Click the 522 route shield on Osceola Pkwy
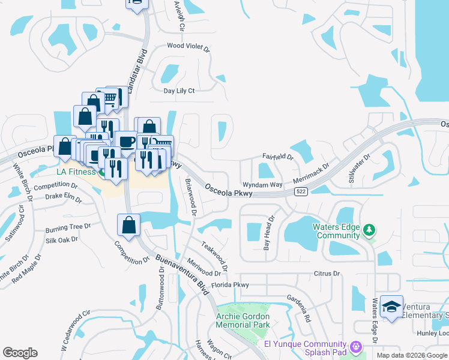pyautogui.click(x=301, y=191)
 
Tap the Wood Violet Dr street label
pyautogui.click(x=188, y=46)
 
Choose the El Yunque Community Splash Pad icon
pyautogui.click(x=356, y=347)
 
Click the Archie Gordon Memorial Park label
pyautogui.click(x=243, y=320)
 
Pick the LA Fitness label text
pyautogui.click(x=72, y=172)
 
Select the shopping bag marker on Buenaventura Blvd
pyautogui.click(x=129, y=226)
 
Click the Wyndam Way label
pyautogui.click(x=262, y=185)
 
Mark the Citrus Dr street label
pyautogui.click(x=327, y=274)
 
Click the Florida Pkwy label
pyautogui.click(x=229, y=285)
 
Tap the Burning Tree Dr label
pyautogui.click(x=68, y=229)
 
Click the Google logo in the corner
pyautogui.click(x=20, y=353)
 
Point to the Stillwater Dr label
pyautogui.click(x=359, y=168)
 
